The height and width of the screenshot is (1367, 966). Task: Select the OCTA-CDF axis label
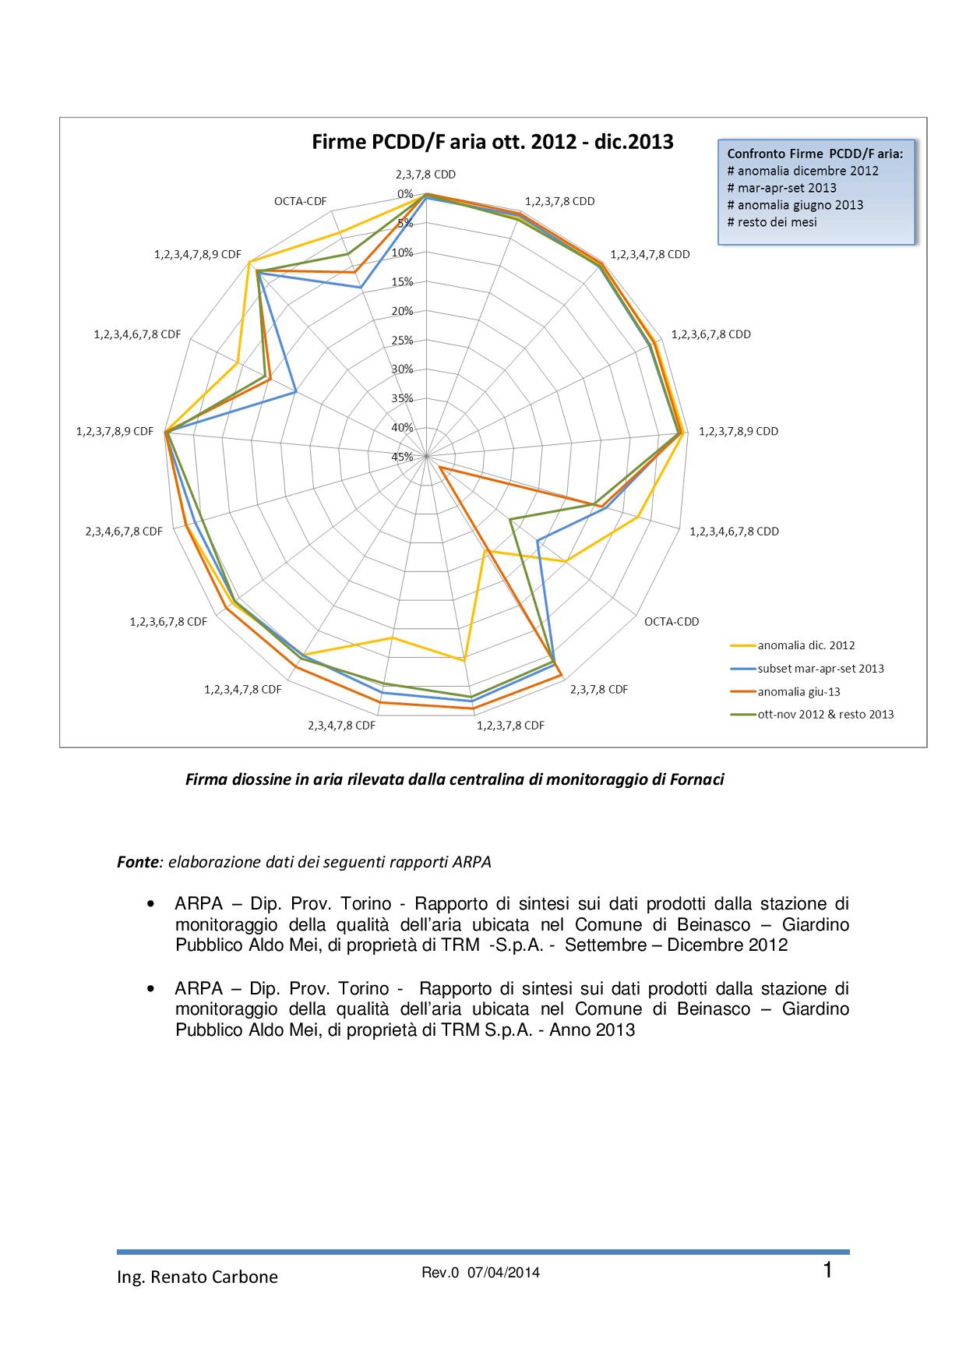point(301,201)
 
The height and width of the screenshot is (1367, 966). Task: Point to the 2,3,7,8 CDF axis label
point(599,690)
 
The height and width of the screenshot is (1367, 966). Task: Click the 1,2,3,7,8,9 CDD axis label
point(739,431)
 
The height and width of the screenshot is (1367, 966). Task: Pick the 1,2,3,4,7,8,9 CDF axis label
point(198,254)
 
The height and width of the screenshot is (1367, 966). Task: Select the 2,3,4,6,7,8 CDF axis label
point(124,532)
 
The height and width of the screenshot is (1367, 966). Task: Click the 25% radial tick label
point(402,340)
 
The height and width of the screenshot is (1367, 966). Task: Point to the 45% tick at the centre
point(402,457)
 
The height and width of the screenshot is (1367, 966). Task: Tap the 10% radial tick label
point(402,253)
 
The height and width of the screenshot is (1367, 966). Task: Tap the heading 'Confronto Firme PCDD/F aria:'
point(815,154)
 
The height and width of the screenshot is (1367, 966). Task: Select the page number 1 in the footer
point(828,1271)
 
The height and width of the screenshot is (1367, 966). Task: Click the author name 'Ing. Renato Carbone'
point(197,1277)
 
